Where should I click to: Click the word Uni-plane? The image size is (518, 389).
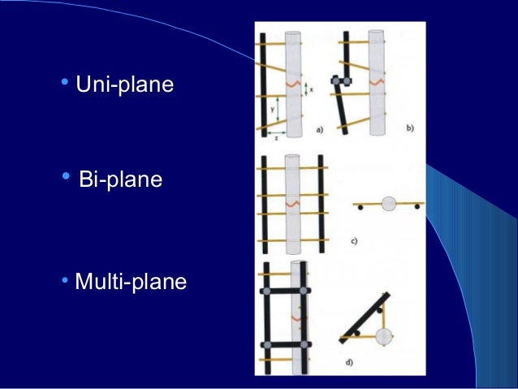(124, 84)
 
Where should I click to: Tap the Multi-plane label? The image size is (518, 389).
(130, 283)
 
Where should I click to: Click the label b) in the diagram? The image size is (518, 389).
(410, 129)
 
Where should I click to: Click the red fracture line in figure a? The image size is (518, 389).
(291, 82)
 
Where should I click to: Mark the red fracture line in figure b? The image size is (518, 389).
(377, 82)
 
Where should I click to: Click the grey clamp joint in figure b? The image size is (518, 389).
(340, 81)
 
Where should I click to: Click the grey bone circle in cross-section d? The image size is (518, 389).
(384, 335)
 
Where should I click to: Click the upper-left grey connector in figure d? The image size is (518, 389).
(265, 289)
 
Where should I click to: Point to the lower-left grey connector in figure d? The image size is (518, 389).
(265, 345)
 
